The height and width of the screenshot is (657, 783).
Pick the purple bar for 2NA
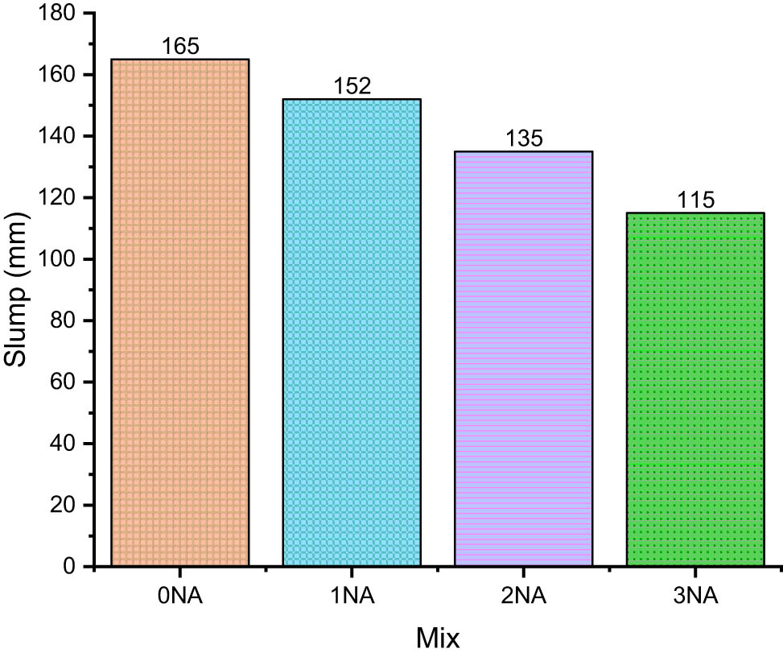click(523, 358)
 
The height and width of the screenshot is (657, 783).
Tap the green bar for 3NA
click(694, 390)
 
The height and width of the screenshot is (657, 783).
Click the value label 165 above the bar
click(180, 47)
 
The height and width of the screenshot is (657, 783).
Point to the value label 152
click(352, 86)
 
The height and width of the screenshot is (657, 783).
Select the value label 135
click(524, 138)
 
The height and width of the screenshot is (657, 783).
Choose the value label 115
click(695, 200)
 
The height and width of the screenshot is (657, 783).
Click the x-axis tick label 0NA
click(180, 597)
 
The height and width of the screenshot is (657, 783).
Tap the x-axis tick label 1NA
click(352, 597)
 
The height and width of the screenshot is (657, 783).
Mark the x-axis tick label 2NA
click(523, 597)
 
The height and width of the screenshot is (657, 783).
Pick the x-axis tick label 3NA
click(694, 597)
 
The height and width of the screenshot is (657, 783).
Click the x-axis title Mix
click(438, 639)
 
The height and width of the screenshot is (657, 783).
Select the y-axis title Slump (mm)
click(18, 290)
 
